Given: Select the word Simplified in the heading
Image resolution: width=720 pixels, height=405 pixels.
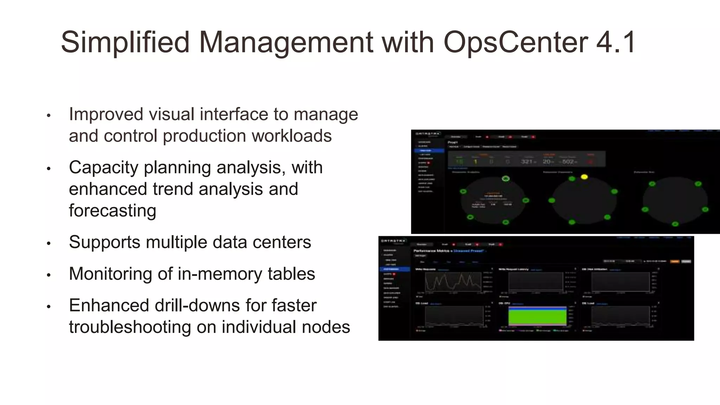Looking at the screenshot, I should pos(125,43).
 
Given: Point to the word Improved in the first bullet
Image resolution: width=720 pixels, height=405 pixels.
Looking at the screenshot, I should pos(106,114).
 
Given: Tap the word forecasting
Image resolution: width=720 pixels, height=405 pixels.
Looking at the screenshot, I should pos(112,211).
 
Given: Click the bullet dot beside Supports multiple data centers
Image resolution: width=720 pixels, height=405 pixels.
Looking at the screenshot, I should pos(49,243).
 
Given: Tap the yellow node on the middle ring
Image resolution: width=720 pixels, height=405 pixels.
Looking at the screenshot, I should pos(584,177).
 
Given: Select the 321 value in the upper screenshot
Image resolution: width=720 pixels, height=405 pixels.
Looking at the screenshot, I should pos(527,162).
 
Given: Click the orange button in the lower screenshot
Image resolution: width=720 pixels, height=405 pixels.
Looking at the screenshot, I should pos(675,261).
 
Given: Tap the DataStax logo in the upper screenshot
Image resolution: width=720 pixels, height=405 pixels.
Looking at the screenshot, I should pos(428,134).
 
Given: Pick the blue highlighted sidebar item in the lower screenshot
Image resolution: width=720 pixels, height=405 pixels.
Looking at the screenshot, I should pos(394,269).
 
